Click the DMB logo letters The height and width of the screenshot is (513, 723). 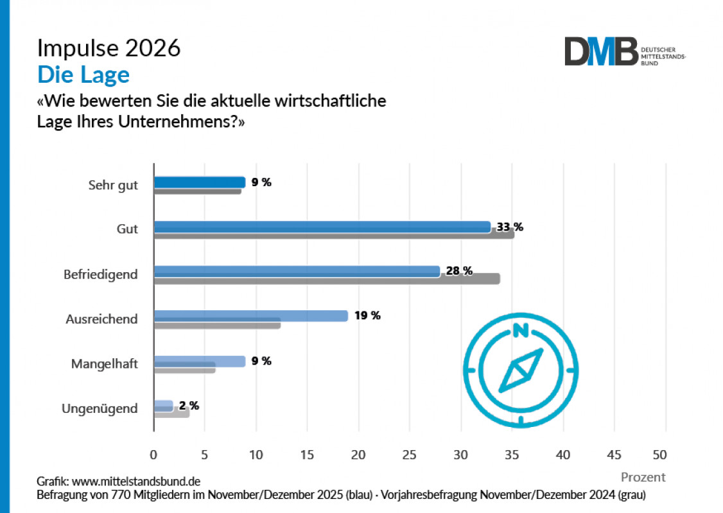pyautogui.click(x=601, y=51)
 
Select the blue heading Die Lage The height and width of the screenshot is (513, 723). pyautogui.click(x=83, y=75)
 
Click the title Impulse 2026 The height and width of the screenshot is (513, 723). pyautogui.click(x=109, y=48)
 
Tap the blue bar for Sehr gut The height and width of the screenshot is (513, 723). pyautogui.click(x=200, y=182)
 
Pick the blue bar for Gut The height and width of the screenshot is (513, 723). pyautogui.click(x=322, y=227)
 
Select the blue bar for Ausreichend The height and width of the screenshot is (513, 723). pyautogui.click(x=250, y=316)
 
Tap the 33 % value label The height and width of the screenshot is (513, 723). pyautogui.click(x=511, y=227)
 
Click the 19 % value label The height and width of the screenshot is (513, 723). pyautogui.click(x=367, y=316)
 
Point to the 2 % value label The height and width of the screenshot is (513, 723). pyautogui.click(x=189, y=406)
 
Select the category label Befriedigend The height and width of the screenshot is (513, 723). pyautogui.click(x=101, y=274)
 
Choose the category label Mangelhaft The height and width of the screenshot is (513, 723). pyautogui.click(x=104, y=364)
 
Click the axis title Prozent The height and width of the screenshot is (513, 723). pyautogui.click(x=643, y=477)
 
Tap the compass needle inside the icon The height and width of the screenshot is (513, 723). pyautogui.click(x=521, y=369)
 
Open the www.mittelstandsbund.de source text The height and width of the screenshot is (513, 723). pyautogui.click(x=137, y=481)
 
